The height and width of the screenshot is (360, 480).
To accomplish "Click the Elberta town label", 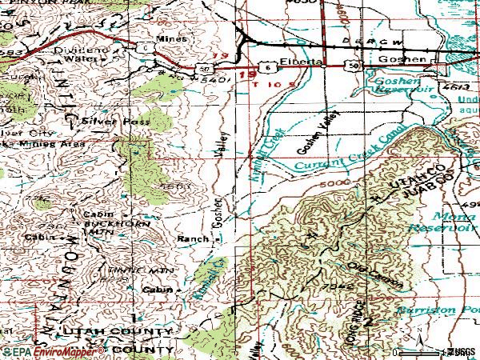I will pyautogui.click(x=300, y=62).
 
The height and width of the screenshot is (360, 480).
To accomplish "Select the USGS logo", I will pyautogui.click(x=459, y=351).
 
